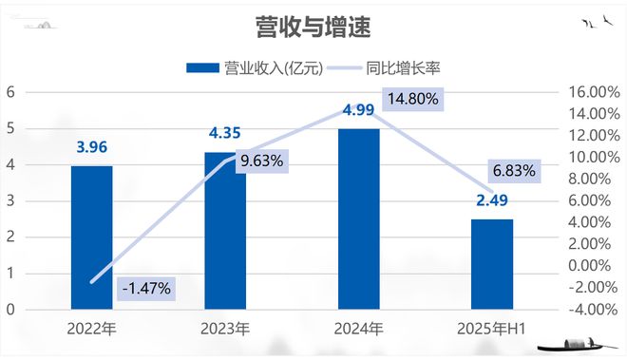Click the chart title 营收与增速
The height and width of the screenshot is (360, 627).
313,26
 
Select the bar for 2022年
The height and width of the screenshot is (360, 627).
91,237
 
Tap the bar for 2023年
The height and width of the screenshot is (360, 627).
225,230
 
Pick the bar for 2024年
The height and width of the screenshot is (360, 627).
359,218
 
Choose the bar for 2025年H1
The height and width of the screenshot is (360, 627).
492,263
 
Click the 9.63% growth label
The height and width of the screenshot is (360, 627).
262,161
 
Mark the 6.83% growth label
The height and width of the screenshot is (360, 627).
515,171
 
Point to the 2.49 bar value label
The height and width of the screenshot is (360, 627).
492,200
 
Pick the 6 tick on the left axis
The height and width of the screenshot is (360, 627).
9,92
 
